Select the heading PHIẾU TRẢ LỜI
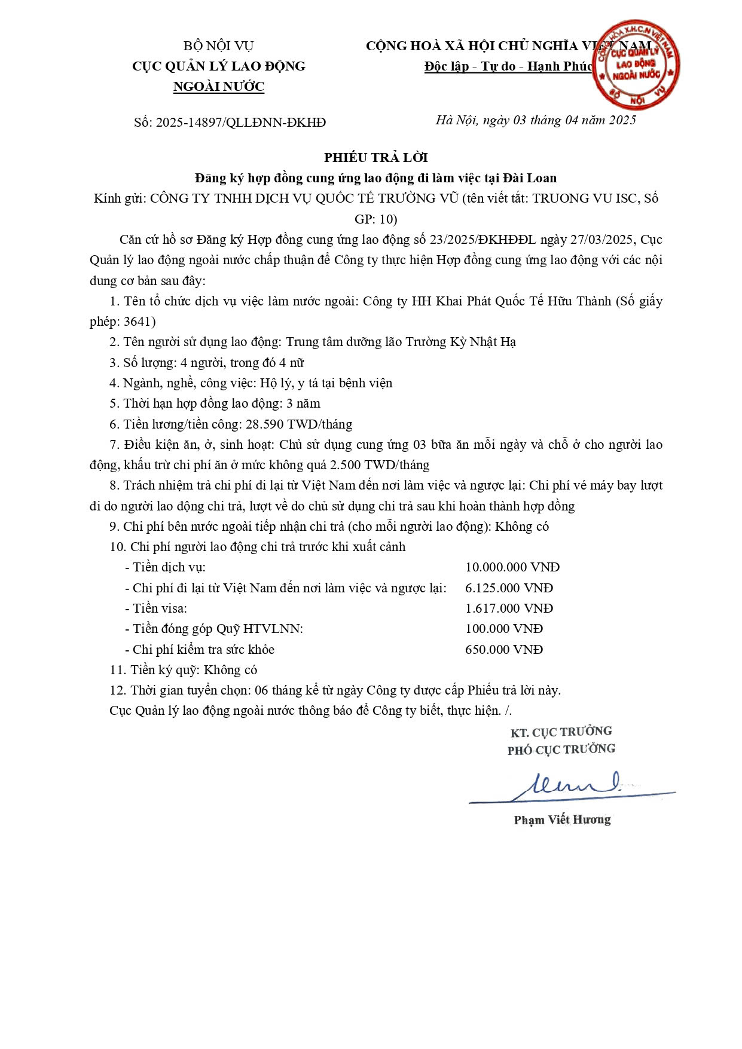[x=376, y=158]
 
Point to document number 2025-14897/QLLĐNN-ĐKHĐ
[x=241, y=123]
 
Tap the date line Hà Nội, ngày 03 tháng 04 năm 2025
[x=536, y=120]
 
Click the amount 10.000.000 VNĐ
[x=512, y=567]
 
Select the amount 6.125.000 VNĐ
[x=509, y=588]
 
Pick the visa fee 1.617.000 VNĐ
[x=509, y=608]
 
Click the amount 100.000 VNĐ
[x=504, y=629]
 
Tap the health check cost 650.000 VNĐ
[x=504, y=650]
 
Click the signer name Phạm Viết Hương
[x=562, y=820]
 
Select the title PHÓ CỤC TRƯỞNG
[x=561, y=750]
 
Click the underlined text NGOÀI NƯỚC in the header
[x=219, y=87]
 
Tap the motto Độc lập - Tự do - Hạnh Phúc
[x=508, y=66]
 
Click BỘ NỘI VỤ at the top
[x=219, y=46]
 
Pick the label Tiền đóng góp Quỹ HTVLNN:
[x=217, y=629]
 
